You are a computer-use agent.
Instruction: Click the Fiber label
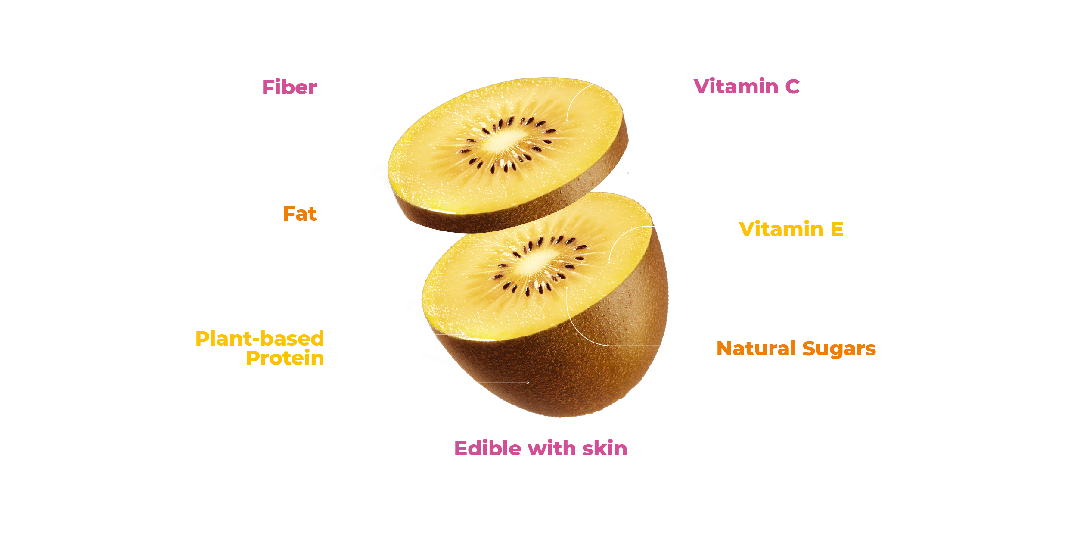[289, 87]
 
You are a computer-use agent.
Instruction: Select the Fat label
[300, 214]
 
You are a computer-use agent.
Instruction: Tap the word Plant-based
[260, 339]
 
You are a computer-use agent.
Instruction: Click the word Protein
[285, 358]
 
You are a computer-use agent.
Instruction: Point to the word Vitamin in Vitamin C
[736, 86]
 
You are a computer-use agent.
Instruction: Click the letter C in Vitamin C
[792, 87]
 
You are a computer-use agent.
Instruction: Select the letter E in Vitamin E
[837, 229]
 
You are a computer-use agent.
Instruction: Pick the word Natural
[756, 349]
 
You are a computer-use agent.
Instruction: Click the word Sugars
[839, 349]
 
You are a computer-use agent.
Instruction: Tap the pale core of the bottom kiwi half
[534, 262]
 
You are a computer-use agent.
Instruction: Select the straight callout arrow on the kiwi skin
[503, 383]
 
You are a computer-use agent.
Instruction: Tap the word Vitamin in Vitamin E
[781, 229]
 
